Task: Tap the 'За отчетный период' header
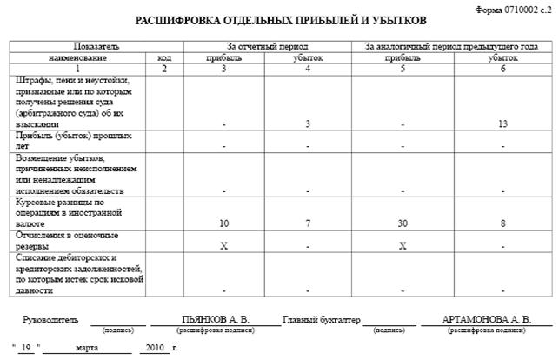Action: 267,45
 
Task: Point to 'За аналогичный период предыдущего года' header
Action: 451,45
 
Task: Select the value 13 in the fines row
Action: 503,124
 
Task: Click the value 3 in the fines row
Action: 308,124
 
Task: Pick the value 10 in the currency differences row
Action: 224,223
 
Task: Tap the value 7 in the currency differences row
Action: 308,223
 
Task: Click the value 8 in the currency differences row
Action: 503,223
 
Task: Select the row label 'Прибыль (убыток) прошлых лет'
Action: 61,142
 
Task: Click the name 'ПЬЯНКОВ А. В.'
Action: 216,320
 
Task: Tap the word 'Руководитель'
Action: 51,320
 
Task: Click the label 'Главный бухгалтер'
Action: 322,320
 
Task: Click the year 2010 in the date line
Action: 156,347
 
